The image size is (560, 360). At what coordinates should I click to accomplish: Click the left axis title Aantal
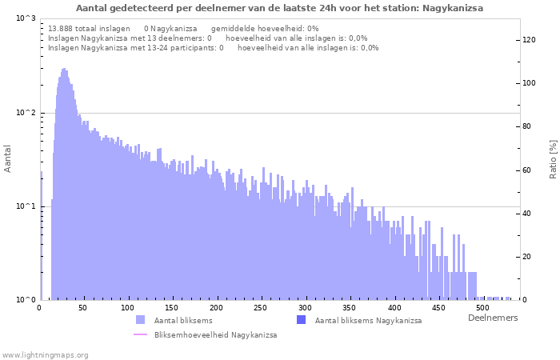(8, 158)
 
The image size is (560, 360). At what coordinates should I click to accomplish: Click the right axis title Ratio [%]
(553, 158)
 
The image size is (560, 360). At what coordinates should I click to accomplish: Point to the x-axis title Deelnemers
(492, 318)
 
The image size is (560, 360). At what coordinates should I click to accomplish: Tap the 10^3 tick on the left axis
(25, 18)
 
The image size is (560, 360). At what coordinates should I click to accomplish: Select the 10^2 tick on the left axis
(25, 113)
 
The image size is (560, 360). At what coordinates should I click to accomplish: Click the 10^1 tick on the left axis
(25, 206)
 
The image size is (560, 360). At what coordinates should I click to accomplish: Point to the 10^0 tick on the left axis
(25, 300)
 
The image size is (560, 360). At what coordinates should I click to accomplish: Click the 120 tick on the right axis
(530, 40)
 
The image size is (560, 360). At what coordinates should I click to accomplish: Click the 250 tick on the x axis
(260, 308)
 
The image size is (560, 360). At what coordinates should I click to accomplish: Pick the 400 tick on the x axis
(392, 308)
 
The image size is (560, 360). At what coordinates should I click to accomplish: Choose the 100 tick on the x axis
(127, 308)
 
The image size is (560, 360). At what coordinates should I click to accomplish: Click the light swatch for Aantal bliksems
(141, 320)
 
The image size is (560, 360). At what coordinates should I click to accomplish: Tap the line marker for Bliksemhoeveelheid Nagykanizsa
(141, 334)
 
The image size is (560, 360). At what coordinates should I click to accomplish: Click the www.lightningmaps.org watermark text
(46, 354)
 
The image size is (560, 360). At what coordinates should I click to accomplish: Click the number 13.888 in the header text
(62, 28)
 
